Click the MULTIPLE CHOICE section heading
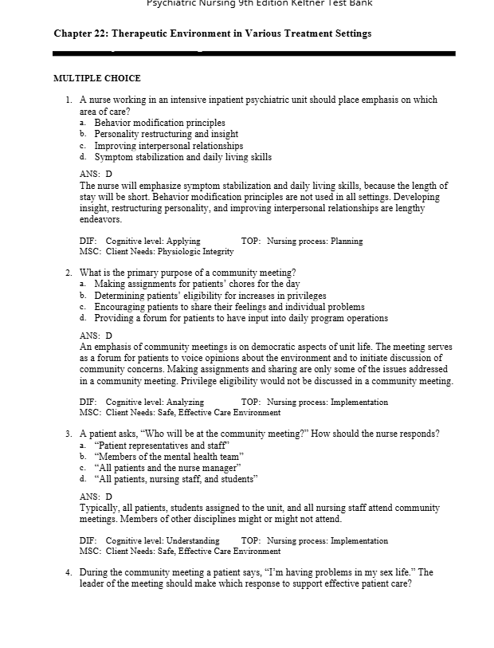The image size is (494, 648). click(x=96, y=78)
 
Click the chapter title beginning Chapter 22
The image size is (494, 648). click(x=212, y=33)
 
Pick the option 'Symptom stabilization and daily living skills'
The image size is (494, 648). click(x=182, y=157)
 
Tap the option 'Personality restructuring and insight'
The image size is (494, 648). click(x=166, y=134)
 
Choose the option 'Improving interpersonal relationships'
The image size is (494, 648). click(x=168, y=146)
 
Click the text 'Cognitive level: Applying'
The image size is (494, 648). click(x=153, y=241)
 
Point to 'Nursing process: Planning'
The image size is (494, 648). click(x=315, y=241)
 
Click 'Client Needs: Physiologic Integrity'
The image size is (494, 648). click(x=170, y=251)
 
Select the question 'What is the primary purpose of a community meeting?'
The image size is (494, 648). click(x=188, y=273)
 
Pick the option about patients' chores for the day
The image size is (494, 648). click(x=197, y=284)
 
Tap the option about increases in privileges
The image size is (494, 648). click(x=210, y=295)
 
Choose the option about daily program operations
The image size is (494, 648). click(x=241, y=318)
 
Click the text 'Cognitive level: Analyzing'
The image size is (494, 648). click(x=155, y=403)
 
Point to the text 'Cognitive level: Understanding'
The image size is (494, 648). click(x=163, y=540)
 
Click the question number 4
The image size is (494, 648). click(x=69, y=572)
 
